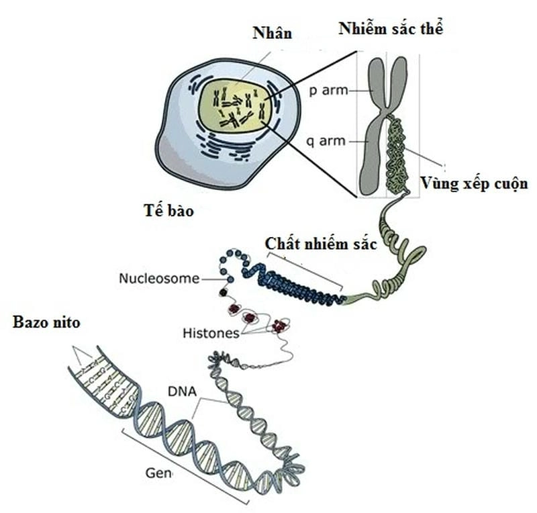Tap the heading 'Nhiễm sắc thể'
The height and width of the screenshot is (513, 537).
(391, 28)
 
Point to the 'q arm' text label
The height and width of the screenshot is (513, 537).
(328, 141)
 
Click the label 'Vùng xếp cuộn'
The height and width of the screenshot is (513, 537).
(473, 183)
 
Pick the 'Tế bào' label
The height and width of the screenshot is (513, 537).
(170, 210)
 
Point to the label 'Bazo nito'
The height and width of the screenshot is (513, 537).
(46, 322)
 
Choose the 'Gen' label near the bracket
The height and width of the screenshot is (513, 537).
(158, 473)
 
